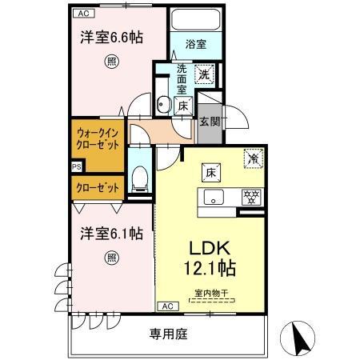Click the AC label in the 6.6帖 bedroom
pos(82,14)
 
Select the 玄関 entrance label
pos(210,122)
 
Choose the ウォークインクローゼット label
pos(98,139)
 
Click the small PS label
pos(76,166)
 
